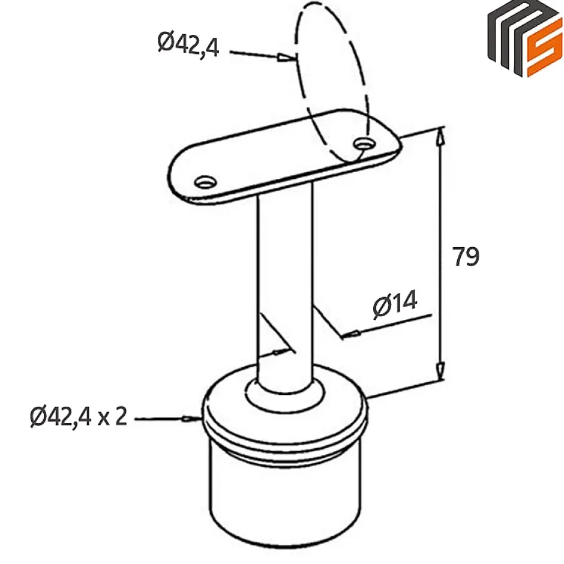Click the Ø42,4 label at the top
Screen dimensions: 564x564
(188, 44)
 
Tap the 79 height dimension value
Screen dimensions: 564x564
(466, 256)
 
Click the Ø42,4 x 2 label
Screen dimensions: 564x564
(79, 416)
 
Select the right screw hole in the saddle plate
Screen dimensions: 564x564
(364, 144)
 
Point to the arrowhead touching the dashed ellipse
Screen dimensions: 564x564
(287, 58)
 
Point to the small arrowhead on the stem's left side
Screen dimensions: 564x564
(277, 352)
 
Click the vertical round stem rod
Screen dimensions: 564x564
(284, 270)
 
